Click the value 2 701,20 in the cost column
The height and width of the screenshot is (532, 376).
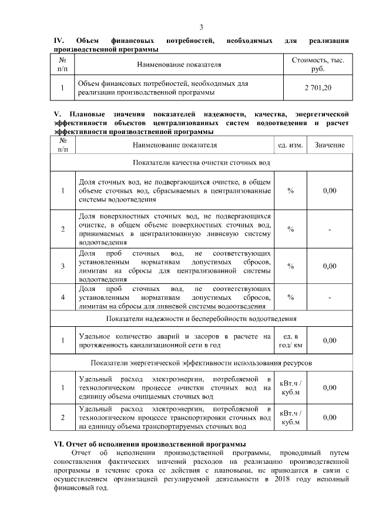318,88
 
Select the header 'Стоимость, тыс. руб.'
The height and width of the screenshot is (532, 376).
318,64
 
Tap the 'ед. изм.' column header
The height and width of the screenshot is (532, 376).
290,145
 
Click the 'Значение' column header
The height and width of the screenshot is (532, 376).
330,145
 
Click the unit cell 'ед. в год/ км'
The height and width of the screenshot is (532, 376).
290,340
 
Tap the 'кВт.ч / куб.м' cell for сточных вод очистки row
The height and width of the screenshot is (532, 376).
290,387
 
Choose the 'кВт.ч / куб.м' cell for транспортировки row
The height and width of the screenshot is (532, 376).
290,417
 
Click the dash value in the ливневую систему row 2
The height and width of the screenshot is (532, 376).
330,229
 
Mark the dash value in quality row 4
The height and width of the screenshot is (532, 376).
330,297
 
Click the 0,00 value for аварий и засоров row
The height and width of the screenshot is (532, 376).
330,340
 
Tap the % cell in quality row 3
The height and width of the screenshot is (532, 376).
290,266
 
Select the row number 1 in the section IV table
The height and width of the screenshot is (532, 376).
62,88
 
